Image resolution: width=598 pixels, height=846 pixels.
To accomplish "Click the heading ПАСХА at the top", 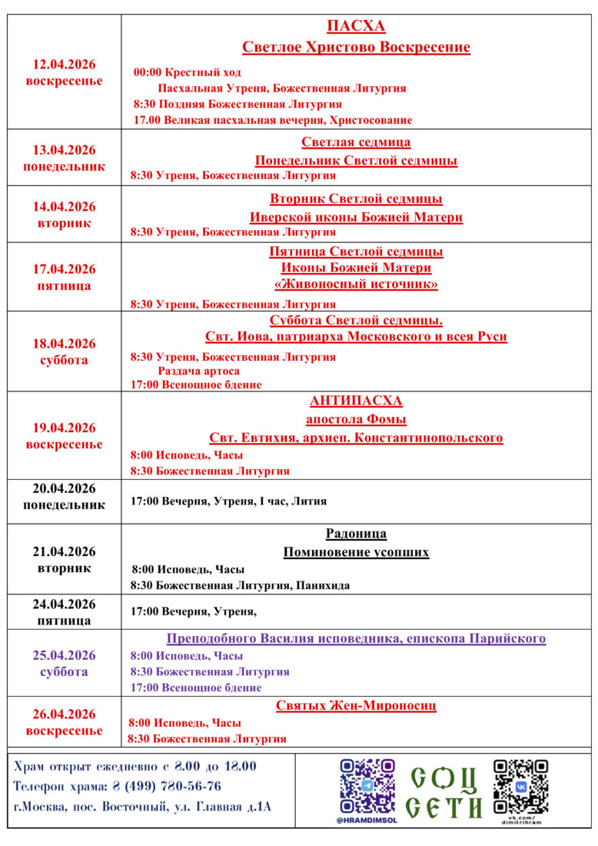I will pos(356,27).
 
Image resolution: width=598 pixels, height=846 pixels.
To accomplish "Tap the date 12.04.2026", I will pos(64,65).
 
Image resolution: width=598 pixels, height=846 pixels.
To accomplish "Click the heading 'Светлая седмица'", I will pos(356,142).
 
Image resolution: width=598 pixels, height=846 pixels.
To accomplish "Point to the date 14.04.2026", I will pos(64,206).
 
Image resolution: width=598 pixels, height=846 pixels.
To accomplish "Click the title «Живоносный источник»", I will pos(356,285).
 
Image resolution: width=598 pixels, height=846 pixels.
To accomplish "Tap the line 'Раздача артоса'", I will pos(198,371).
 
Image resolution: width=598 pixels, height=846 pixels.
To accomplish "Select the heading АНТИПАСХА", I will pos(356,401).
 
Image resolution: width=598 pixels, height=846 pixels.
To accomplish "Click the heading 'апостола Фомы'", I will pos(356,419).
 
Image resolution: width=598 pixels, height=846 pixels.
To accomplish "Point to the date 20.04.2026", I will pos(64,488).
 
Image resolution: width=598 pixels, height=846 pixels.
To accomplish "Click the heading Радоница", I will pos(356,534).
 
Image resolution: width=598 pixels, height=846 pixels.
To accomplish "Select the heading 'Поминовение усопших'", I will pos(356,552).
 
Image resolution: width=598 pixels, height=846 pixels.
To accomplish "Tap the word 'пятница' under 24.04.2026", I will pos(64,620).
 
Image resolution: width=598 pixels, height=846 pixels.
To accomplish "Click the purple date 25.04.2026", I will pos(64,655).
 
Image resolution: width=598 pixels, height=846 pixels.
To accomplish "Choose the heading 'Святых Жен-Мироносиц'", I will pos(356,705).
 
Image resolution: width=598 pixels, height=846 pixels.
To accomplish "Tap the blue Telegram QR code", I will pos(367,785).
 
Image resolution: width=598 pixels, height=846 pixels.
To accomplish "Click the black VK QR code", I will pos(520,787).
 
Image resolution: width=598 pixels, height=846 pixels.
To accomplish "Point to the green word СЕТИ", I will pos(444,807).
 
